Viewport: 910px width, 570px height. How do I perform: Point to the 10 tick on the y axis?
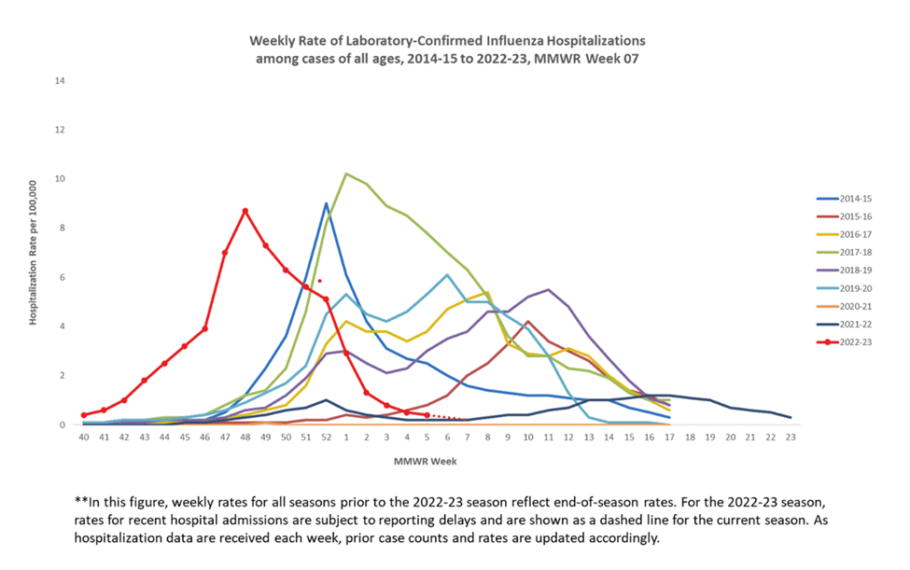(62, 179)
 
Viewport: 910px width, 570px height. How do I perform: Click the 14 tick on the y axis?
(62, 81)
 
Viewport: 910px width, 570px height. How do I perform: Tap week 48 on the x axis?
(245, 437)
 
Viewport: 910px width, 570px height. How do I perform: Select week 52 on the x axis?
(326, 437)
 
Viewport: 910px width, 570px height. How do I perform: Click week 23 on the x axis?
(790, 437)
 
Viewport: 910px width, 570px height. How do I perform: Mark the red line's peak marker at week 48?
(245, 212)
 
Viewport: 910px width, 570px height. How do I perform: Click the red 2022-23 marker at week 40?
(84, 415)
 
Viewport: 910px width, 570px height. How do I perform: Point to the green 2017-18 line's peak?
(346, 174)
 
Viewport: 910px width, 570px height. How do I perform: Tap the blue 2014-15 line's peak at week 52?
(326, 203)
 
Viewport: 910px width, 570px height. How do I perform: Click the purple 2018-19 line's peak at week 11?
(548, 289)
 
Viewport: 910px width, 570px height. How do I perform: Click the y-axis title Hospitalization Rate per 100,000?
(33, 253)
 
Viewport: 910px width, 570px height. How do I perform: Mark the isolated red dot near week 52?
(319, 281)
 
